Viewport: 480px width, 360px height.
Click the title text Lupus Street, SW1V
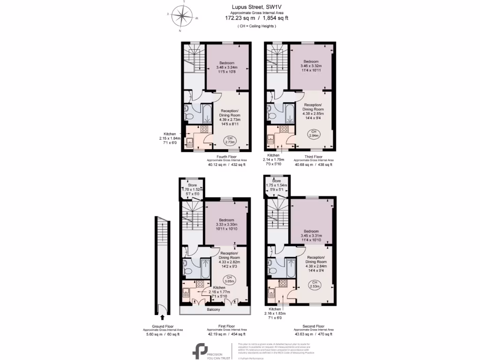click(x=256, y=7)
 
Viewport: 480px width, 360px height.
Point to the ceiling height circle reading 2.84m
click(x=314, y=134)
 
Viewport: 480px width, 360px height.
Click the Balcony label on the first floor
click(x=213, y=310)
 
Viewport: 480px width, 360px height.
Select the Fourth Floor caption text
click(x=226, y=157)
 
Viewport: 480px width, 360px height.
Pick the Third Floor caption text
click(x=314, y=157)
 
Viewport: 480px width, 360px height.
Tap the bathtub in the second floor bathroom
click(x=291, y=267)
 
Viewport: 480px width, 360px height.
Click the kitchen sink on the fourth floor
click(x=190, y=142)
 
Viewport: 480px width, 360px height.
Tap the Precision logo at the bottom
click(x=201, y=350)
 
